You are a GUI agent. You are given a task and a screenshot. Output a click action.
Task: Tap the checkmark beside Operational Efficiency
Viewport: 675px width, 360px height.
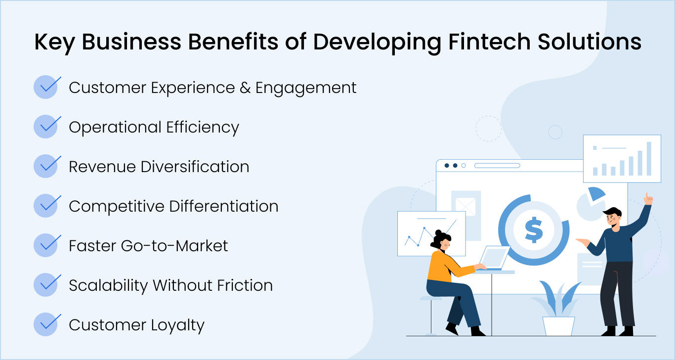[x=47, y=127]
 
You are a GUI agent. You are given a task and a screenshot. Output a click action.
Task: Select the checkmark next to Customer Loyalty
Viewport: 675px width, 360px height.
[x=47, y=324]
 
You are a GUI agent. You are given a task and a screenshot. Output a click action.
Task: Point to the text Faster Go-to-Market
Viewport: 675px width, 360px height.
[x=148, y=246]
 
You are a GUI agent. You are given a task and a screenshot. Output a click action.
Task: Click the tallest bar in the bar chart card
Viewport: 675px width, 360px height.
[x=649, y=159]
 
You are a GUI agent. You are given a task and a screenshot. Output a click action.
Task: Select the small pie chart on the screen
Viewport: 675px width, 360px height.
[x=591, y=203]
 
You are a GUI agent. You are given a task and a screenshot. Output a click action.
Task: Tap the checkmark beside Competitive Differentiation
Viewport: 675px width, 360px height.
[x=47, y=206]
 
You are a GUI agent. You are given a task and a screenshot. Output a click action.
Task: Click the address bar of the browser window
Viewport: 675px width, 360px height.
[x=497, y=166]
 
